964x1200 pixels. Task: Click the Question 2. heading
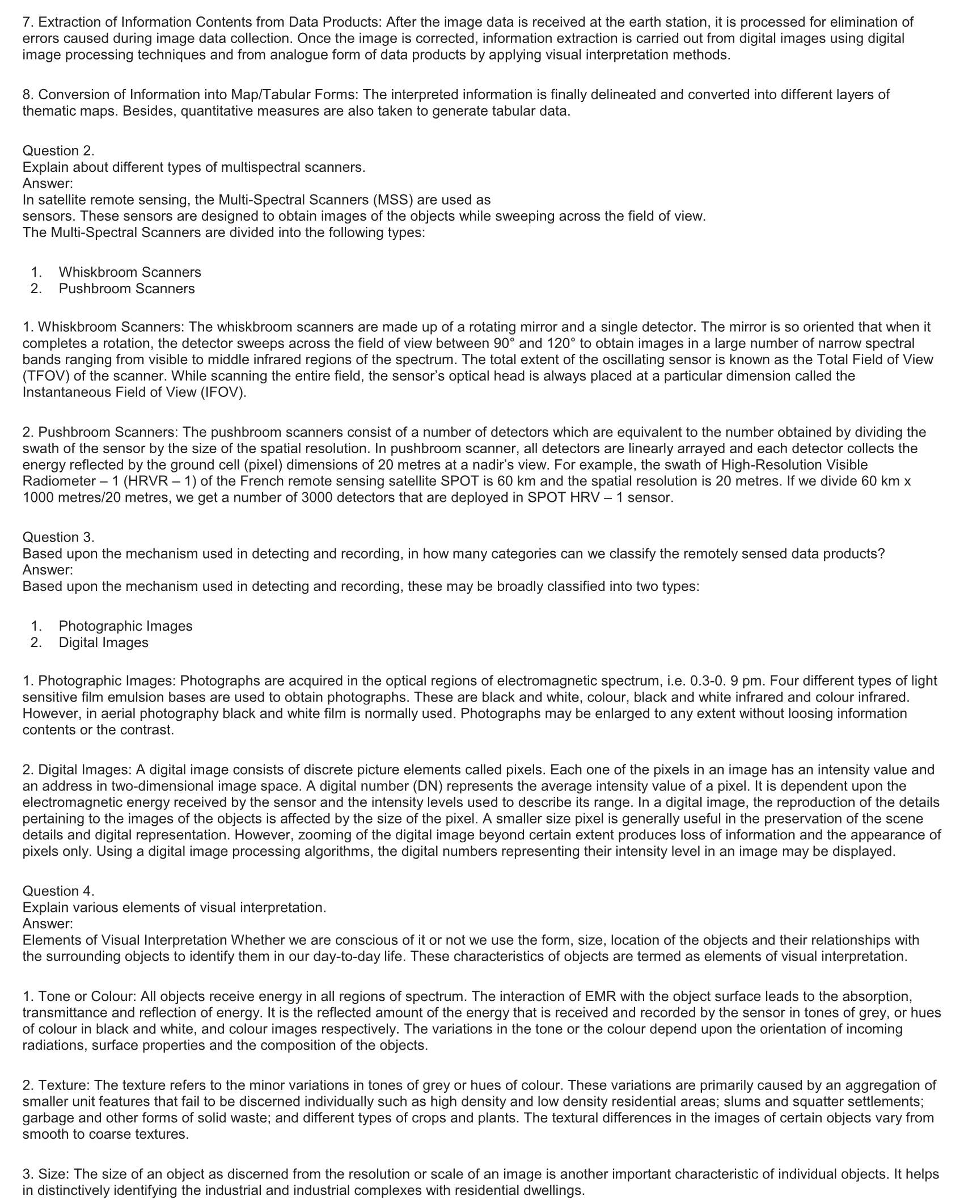point(58,151)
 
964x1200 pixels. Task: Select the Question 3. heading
point(58,537)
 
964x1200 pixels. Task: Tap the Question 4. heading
point(58,891)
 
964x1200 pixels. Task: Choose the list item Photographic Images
point(125,626)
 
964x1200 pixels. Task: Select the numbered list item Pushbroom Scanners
point(126,289)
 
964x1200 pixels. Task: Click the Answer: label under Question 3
point(48,569)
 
